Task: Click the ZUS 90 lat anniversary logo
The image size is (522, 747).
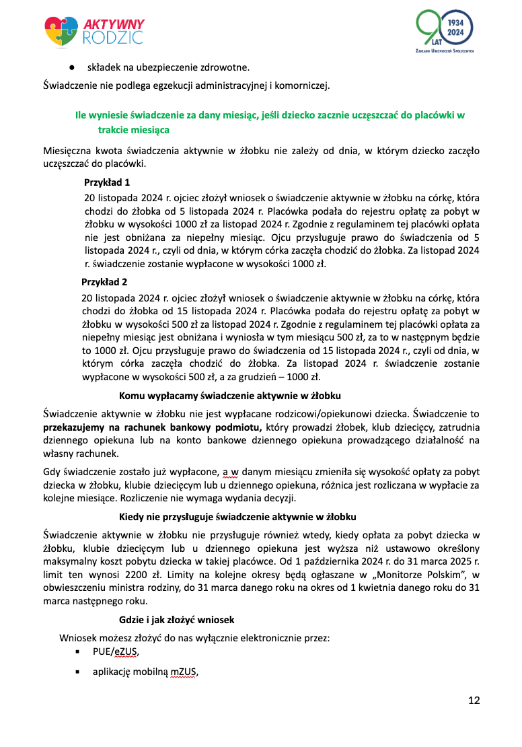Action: pos(445,32)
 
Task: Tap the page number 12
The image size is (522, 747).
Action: pos(474,701)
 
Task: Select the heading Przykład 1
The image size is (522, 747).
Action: pos(107,182)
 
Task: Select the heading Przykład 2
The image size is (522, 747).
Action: pos(104,281)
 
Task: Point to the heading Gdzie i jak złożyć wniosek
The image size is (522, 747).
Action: pos(176,619)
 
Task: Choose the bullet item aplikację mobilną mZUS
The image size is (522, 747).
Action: pos(145,672)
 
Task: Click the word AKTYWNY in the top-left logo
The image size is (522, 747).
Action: pos(114,24)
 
